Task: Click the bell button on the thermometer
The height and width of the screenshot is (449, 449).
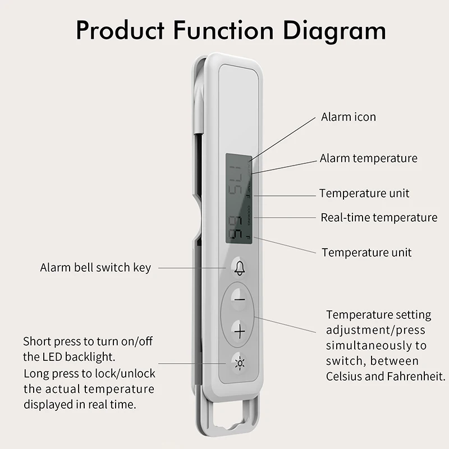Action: coord(240,268)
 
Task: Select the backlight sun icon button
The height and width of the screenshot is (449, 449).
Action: coord(240,363)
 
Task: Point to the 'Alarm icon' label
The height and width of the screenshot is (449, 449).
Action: coord(348,117)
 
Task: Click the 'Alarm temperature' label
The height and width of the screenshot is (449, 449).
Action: coord(368,158)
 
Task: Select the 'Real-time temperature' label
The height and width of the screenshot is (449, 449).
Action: coord(379,217)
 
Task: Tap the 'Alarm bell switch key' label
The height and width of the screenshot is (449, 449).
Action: coord(95,268)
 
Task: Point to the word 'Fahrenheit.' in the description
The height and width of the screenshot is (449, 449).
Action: coord(414,376)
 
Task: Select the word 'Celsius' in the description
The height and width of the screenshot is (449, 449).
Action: coord(345,376)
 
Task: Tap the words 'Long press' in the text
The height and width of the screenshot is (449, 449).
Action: coord(51,373)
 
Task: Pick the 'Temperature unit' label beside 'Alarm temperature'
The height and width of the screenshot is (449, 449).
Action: coord(364,194)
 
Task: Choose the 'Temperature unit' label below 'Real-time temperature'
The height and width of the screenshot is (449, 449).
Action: coord(366,253)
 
